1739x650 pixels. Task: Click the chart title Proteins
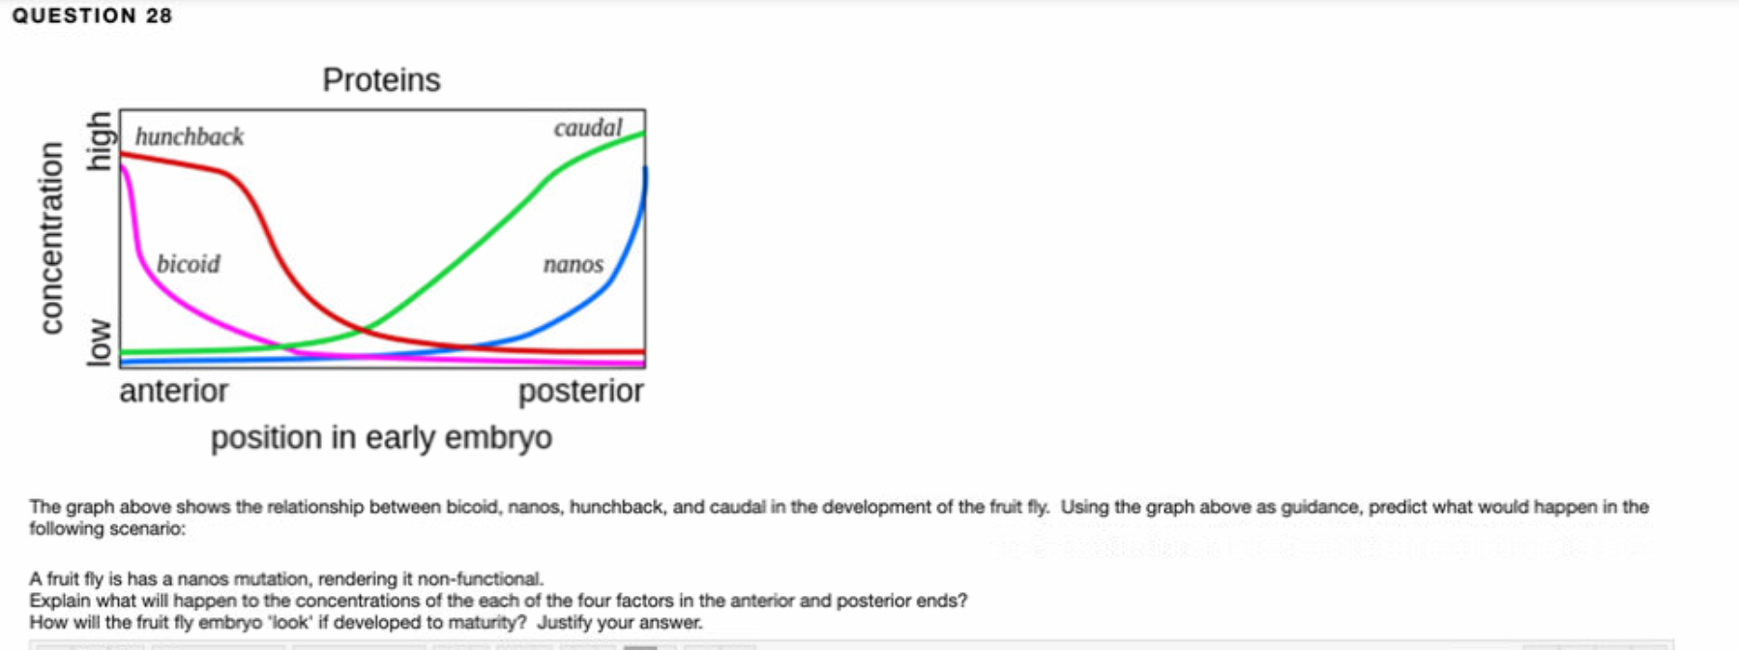tap(381, 80)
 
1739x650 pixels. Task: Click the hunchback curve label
tap(190, 137)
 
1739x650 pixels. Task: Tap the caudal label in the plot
tap(588, 129)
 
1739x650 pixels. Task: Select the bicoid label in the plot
tap(189, 264)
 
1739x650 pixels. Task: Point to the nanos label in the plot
tap(573, 264)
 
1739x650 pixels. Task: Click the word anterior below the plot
tap(174, 391)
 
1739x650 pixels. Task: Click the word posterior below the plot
tap(580, 391)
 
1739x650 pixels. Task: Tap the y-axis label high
tap(99, 141)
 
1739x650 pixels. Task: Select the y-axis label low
tap(99, 342)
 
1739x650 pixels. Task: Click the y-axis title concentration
tap(51, 239)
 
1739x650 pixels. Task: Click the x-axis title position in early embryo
tap(381, 438)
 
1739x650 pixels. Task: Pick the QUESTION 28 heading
tap(92, 15)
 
